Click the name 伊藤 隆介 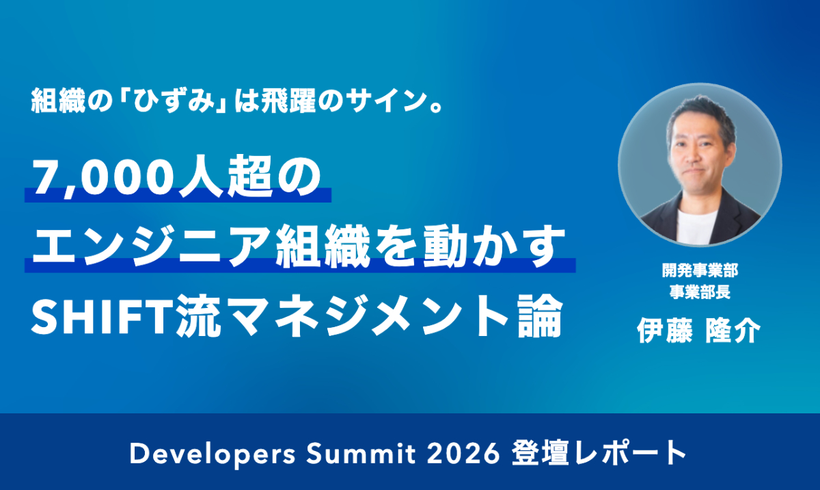coord(699,331)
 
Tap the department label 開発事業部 coord(700,270)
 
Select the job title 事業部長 coord(700,292)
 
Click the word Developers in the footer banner coord(213,454)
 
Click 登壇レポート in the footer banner coord(599,453)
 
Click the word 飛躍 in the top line coord(288,101)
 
